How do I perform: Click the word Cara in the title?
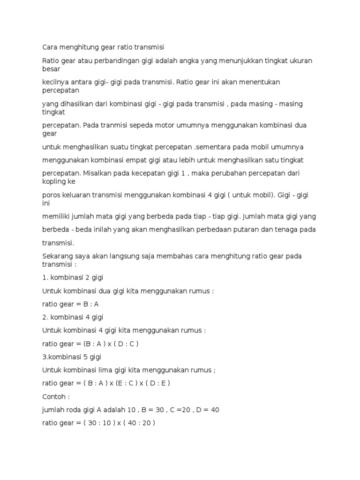(x=50, y=47)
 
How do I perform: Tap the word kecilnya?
(x=57, y=82)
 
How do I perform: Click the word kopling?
(x=54, y=181)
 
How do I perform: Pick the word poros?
(x=51, y=195)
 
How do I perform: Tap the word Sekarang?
(x=58, y=256)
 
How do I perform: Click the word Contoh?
(x=54, y=396)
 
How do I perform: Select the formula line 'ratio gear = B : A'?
(x=70, y=304)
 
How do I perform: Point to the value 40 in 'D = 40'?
(x=215, y=409)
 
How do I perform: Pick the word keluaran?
(x=80, y=195)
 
